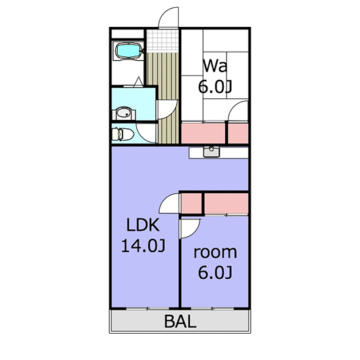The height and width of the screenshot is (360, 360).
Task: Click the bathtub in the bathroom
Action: (x=128, y=51)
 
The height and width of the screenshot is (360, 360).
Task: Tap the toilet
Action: (x=123, y=134)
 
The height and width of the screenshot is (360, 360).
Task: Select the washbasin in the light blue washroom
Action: (x=124, y=113)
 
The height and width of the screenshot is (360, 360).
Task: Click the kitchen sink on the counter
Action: (x=211, y=152)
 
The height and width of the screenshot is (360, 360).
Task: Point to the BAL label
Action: (x=181, y=321)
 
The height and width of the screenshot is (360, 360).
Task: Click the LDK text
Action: (x=143, y=225)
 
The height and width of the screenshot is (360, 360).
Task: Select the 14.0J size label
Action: (x=143, y=245)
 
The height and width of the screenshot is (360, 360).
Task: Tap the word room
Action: (x=215, y=252)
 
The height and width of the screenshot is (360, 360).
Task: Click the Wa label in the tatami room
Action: (x=215, y=66)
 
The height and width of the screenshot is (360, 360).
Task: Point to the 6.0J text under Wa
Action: (x=215, y=87)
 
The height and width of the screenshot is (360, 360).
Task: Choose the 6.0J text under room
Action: (x=215, y=272)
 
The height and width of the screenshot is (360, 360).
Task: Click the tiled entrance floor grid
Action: (x=162, y=41)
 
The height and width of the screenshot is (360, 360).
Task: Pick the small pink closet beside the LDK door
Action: (x=192, y=204)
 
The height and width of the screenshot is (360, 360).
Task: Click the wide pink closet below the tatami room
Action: (x=204, y=133)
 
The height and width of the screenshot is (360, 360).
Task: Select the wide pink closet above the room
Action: (x=226, y=204)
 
